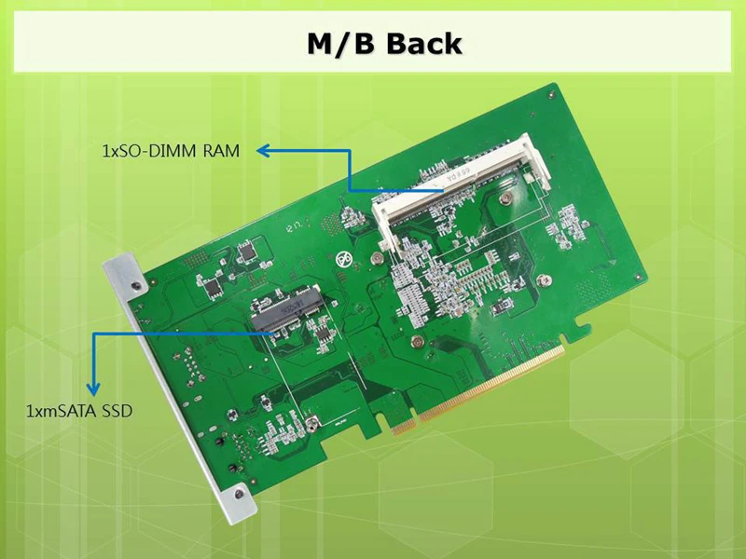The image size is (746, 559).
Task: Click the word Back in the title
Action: click(424, 43)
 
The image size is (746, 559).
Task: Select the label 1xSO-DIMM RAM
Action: click(171, 151)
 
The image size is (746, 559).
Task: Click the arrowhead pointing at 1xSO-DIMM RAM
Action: click(264, 150)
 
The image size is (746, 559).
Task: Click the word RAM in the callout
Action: click(225, 151)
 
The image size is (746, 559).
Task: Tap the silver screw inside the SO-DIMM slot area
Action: click(504, 198)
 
